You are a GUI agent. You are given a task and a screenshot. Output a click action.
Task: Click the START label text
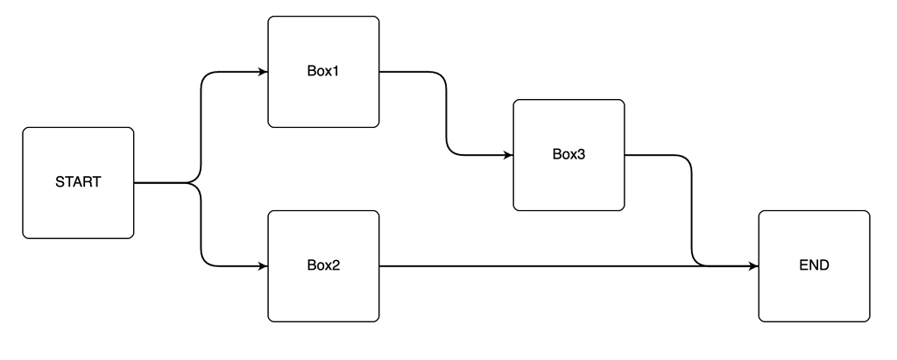pyautogui.click(x=78, y=183)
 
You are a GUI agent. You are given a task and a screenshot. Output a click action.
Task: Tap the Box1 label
pyautogui.click(x=323, y=71)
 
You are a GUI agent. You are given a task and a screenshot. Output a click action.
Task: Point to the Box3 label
pyautogui.click(x=569, y=155)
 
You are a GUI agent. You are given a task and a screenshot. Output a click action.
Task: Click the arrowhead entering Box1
pyautogui.click(x=263, y=72)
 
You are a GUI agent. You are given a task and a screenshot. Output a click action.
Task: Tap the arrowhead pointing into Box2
pyautogui.click(x=263, y=265)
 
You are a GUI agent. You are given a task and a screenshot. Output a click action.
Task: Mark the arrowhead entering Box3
pyautogui.click(x=508, y=156)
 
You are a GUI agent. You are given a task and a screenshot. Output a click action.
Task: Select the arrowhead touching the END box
pyautogui.click(x=753, y=265)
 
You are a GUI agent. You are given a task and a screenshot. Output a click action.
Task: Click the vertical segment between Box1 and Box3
pyautogui.click(x=447, y=114)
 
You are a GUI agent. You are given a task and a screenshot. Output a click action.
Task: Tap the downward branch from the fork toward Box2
pyautogui.click(x=201, y=228)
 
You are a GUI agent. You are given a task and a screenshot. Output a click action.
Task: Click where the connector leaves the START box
pyautogui.click(x=135, y=183)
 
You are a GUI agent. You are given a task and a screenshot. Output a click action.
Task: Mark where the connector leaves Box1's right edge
pyautogui.click(x=380, y=72)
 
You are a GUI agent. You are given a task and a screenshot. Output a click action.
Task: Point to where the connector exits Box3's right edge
pyautogui.click(x=625, y=156)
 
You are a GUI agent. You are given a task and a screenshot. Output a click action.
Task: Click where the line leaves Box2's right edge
pyautogui.click(x=380, y=265)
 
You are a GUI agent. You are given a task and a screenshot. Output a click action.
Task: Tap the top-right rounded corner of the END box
pyautogui.click(x=865, y=215)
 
